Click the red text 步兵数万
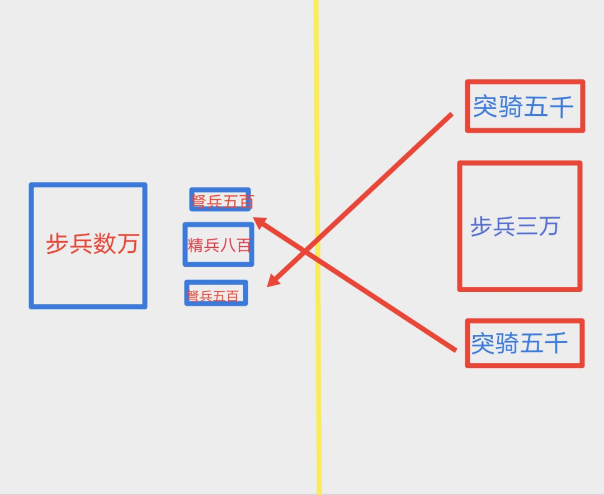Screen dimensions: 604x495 click(92, 244)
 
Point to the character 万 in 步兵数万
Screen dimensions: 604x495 click(128, 244)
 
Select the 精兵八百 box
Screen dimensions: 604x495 click(218, 244)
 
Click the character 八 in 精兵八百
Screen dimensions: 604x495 click(228, 245)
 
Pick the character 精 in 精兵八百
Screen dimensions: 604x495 click(195, 245)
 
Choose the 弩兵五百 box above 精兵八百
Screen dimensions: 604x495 click(220, 199)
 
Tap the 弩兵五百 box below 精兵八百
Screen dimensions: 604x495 click(216, 293)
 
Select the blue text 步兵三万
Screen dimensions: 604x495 click(515, 227)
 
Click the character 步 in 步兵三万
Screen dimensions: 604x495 click(481, 227)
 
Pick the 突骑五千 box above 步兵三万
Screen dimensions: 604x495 click(525, 106)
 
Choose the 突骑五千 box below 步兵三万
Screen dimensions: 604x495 click(525, 343)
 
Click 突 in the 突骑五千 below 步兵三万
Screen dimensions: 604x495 click(483, 343)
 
